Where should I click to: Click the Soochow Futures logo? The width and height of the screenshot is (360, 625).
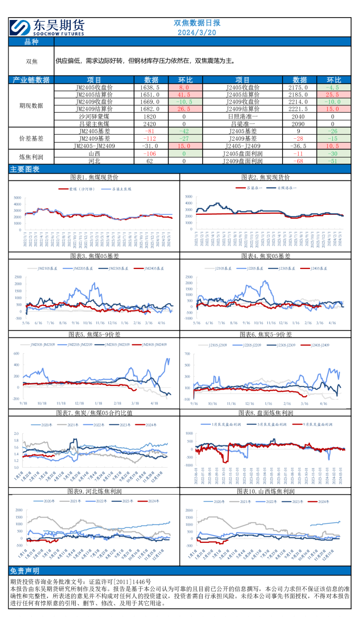pyautogui.click(x=47, y=28)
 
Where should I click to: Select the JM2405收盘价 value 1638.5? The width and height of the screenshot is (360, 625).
pyautogui.click(x=150, y=88)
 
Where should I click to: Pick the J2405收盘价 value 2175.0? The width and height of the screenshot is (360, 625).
pyautogui.click(x=298, y=88)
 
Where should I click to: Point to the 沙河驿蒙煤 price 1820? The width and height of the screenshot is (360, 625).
pyautogui.click(x=150, y=116)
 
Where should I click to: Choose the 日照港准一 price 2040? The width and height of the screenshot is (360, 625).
pyautogui.click(x=298, y=116)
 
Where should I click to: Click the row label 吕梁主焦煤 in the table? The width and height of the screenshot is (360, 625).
pyautogui.click(x=94, y=124)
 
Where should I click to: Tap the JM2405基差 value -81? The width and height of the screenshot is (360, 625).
pyautogui.click(x=150, y=131)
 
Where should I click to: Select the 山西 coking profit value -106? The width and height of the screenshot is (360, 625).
pyautogui.click(x=150, y=154)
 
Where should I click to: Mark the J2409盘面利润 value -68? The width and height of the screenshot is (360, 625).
pyautogui.click(x=298, y=161)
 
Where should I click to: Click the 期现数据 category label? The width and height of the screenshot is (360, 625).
pyautogui.click(x=31, y=106)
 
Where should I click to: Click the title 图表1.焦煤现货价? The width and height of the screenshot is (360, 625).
pyautogui.click(x=94, y=177)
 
